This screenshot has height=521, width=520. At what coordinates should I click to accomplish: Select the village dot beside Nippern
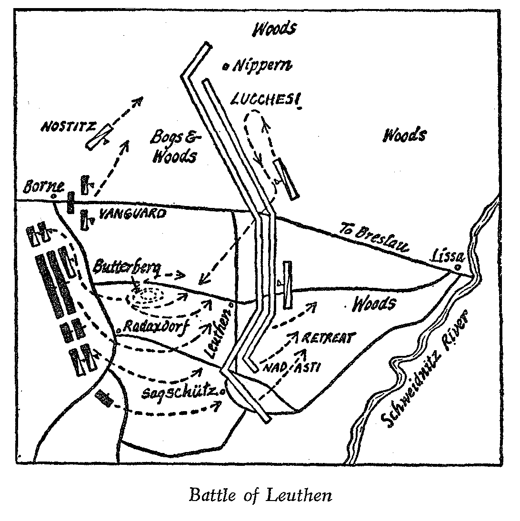pyautogui.click(x=226, y=67)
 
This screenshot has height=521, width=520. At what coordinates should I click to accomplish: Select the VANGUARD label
pyautogui.click(x=132, y=214)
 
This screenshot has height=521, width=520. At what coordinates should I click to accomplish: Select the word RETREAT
pyautogui.click(x=329, y=338)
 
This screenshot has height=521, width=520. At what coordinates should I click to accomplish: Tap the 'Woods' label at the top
pyautogui.click(x=275, y=29)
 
